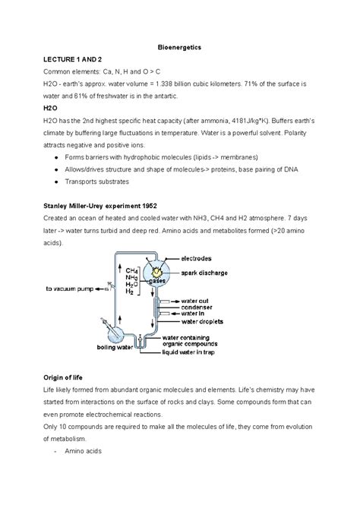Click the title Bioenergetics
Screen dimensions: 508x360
179,47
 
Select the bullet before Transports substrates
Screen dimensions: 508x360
58,182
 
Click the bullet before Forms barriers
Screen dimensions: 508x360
58,157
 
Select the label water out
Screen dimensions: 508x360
220,301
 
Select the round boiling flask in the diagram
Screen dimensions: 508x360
116,330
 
